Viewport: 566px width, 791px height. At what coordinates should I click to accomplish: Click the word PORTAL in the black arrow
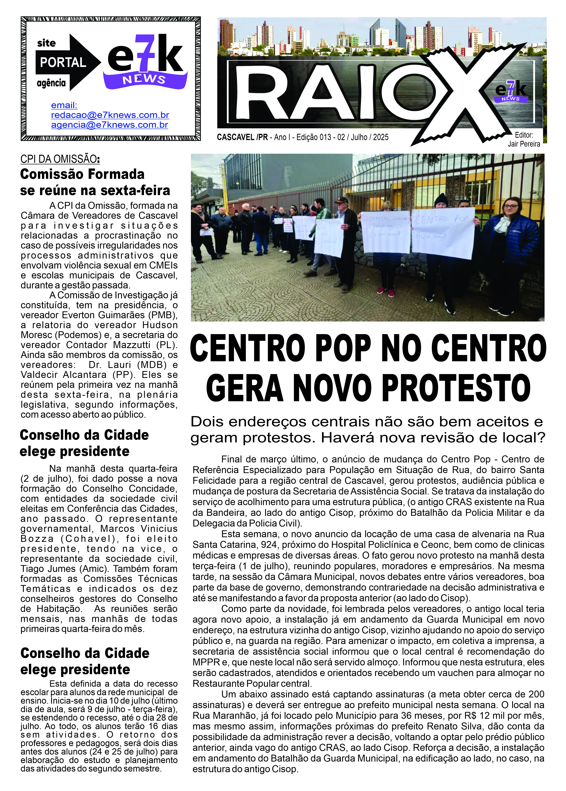coord(63,63)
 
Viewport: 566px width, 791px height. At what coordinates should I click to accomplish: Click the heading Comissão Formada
coord(82,174)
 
